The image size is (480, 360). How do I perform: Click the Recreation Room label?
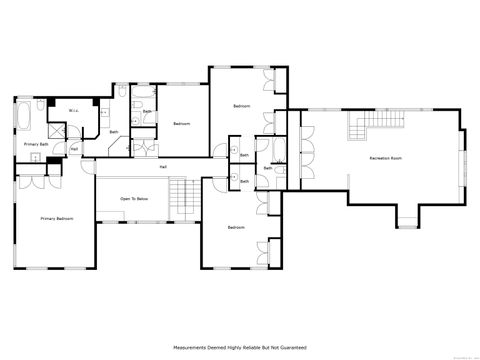[385, 159]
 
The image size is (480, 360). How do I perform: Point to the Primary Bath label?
[37, 145]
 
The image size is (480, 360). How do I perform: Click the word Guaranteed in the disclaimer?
[291, 347]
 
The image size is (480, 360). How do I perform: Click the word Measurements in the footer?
[193, 347]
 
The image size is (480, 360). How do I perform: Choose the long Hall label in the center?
[163, 166]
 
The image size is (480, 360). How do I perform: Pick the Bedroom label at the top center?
[241, 106]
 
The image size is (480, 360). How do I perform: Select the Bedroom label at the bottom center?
[235, 228]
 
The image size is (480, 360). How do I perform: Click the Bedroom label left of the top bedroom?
[181, 123]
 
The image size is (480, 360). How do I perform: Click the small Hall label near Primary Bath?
[74, 150]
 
